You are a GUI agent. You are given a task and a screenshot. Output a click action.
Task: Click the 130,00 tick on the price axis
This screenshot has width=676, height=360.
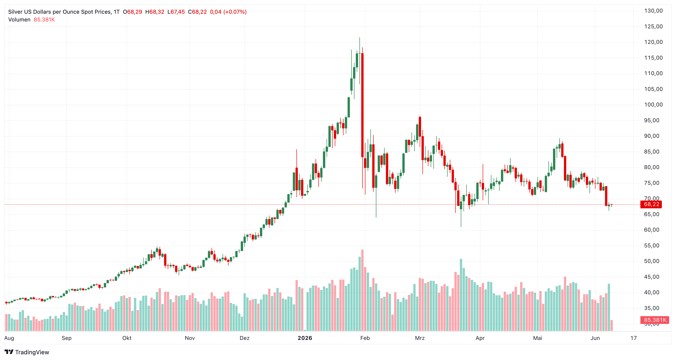pos(653,11)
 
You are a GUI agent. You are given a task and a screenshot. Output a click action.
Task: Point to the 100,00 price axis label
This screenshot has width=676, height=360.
pos(653,105)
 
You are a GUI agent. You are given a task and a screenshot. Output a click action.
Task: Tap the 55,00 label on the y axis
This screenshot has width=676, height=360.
pos(652,246)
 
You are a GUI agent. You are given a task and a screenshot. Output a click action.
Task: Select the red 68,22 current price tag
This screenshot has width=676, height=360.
pos(651,204)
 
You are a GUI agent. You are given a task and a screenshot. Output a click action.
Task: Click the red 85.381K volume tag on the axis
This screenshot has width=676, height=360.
pos(655,320)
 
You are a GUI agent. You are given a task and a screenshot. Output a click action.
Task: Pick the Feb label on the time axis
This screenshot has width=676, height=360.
pos(365,338)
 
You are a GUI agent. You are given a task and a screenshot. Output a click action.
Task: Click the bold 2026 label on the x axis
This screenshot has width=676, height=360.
pos(305,338)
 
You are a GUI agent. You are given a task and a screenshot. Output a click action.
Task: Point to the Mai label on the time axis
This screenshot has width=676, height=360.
pos(538,338)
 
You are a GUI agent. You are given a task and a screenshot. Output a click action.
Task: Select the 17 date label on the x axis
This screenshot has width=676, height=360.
pos(634,338)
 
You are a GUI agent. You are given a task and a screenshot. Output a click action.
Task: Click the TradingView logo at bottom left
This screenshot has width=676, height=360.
pos(27,352)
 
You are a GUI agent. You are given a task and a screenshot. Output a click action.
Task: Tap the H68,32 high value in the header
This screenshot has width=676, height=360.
pos(155,12)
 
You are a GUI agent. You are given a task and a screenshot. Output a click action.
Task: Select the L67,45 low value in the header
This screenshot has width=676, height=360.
pos(176,12)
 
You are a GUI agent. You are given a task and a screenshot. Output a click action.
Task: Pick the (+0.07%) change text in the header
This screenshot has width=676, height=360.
pos(235,12)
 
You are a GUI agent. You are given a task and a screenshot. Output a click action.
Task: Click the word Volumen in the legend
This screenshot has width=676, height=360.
pos(19,20)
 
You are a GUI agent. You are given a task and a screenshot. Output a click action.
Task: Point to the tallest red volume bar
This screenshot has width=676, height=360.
pos(362,290)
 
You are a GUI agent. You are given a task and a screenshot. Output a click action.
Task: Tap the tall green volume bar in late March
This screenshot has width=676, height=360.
pos(461,295)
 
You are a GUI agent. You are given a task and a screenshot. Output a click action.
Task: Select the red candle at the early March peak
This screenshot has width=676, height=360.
pos(420,127)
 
